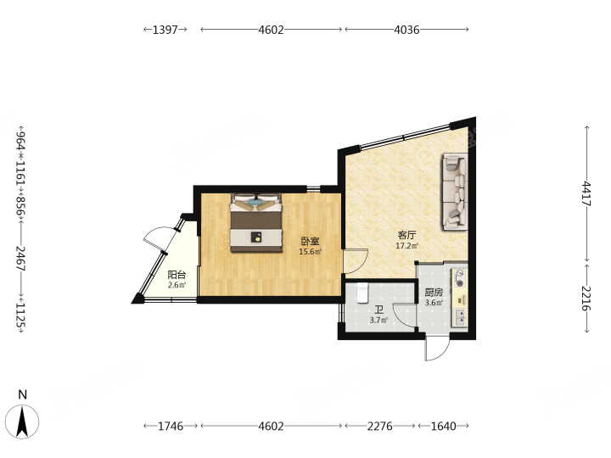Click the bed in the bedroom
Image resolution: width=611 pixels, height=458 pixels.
pos(256,223)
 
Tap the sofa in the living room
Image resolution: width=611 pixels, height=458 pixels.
pos(455,192)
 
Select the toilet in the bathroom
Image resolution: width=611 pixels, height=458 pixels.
pos(362,293)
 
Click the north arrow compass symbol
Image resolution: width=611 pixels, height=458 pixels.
pos(22,422)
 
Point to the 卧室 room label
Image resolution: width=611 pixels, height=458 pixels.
pos(311,241)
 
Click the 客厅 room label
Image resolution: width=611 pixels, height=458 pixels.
pos(406,235)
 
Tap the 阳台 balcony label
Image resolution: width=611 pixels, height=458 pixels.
pos(177,275)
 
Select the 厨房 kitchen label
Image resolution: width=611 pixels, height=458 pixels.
pos(434,292)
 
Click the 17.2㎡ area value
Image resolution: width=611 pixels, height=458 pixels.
pos(406,246)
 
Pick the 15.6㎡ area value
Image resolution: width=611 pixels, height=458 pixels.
pos(311,252)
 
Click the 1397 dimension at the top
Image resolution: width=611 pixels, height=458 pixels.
pos(165,30)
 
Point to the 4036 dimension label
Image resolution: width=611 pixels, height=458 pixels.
pos(406,30)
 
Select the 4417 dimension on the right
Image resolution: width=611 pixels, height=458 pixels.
pos(586,194)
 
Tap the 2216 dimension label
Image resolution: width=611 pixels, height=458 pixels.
pos(586,299)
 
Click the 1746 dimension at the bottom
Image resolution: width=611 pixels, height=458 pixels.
pos(171,426)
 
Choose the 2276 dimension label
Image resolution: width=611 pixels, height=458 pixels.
pos(380,426)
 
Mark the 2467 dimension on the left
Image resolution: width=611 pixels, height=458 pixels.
pos(20,258)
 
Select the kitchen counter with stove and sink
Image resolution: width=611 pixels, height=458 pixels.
pos(460,297)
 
